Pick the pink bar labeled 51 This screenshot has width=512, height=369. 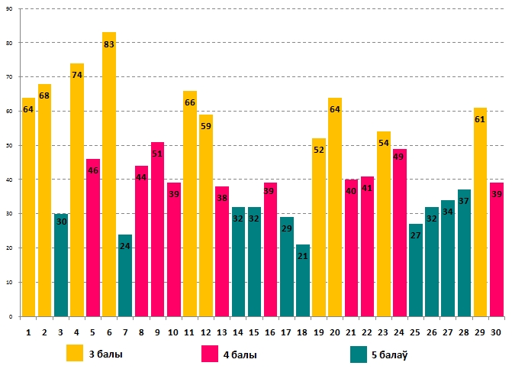(x=158, y=229)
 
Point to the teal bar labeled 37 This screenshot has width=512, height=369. (x=464, y=253)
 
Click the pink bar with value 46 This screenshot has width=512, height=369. (x=93, y=238)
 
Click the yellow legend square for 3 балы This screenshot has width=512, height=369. (x=75, y=354)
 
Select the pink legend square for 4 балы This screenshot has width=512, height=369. (x=210, y=354)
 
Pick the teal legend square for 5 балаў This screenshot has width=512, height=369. (x=359, y=354)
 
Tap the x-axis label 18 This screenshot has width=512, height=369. (x=303, y=332)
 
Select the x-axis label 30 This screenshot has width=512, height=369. (x=496, y=332)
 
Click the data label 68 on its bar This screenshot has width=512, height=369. (x=44, y=95)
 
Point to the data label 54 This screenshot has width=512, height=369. (x=384, y=143)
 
